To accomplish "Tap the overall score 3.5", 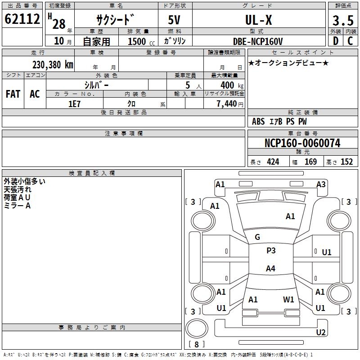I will point(342,21).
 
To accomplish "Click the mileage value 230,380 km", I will point(53,64).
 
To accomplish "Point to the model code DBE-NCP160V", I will point(258,41).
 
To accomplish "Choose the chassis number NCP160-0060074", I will point(302,143).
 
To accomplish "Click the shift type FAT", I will point(13,94).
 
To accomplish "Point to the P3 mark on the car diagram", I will point(271,251).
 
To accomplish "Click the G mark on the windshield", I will point(257,237).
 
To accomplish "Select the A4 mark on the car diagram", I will point(270,269).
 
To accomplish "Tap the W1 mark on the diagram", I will point(288,299).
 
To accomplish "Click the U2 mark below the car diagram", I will point(320,333).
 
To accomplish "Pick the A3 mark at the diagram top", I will point(321,184).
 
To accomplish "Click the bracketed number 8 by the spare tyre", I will point(196,345).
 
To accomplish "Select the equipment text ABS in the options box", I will point(258,121).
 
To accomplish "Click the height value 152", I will point(346,162).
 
